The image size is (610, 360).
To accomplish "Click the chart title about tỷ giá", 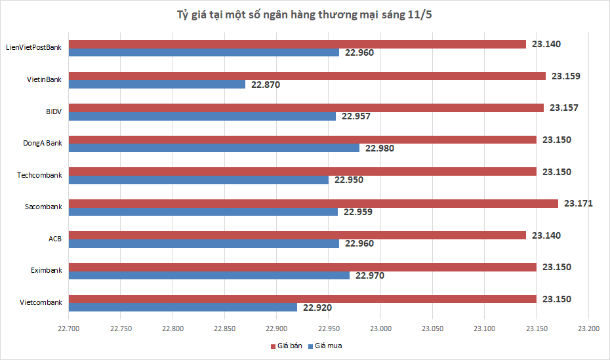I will coord(305,14).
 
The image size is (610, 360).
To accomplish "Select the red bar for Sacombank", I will coord(313,203).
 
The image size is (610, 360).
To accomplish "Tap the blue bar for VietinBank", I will coord(157,85).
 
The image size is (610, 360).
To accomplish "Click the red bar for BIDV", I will coord(306,108).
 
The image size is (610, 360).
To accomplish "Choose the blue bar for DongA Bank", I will coord(214,148).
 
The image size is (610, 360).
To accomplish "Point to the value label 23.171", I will coord(578,203).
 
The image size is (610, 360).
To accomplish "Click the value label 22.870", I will coord(265,85).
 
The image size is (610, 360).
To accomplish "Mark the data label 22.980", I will coord(380,148).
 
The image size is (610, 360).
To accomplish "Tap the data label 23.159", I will coord(565,76).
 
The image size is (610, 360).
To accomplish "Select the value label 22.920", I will coord(317,307).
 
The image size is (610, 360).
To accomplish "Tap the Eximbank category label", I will coord(46,270).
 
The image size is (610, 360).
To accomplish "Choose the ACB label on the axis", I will coord(55,239).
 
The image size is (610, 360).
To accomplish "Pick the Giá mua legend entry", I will coord(328,346).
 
